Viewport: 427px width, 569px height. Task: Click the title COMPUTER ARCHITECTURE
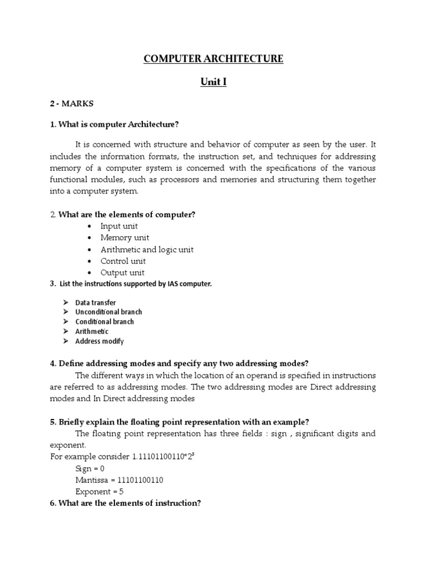click(213, 59)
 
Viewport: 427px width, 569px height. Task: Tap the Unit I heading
click(213, 83)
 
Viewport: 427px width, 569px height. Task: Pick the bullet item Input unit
click(119, 226)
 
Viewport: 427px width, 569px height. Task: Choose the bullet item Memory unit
click(125, 238)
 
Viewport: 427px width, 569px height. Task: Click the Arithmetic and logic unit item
click(147, 249)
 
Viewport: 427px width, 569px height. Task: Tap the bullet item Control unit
click(123, 261)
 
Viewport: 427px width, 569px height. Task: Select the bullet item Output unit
click(122, 273)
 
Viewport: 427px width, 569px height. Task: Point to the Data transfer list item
click(96, 303)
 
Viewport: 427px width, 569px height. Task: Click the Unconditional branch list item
click(108, 312)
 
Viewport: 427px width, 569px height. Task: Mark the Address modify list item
click(100, 341)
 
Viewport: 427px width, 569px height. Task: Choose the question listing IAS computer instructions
click(131, 284)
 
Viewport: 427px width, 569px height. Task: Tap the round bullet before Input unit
click(90, 226)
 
